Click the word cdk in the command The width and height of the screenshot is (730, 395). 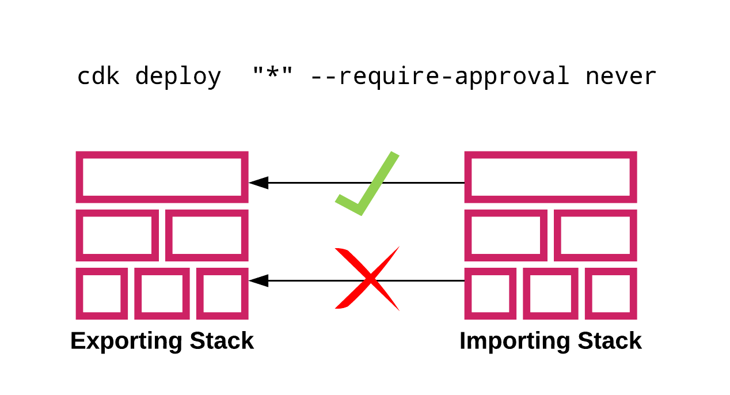[x=98, y=77]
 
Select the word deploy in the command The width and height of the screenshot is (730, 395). [x=178, y=77]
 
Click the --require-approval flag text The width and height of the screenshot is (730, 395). [x=439, y=77]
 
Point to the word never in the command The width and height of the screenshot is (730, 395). [x=621, y=77]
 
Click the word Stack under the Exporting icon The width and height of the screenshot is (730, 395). [x=220, y=341]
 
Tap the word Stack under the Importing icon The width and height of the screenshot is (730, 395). [x=609, y=341]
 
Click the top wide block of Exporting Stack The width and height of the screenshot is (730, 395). [x=162, y=177]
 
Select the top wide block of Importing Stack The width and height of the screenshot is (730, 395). [x=550, y=177]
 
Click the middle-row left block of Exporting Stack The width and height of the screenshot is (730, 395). [x=117, y=236]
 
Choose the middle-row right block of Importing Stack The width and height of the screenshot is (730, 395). [x=595, y=236]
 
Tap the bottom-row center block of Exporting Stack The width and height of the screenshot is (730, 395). [x=162, y=294]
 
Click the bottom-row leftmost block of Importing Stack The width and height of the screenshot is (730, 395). [x=491, y=294]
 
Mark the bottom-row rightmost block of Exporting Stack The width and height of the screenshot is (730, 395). [x=222, y=294]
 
